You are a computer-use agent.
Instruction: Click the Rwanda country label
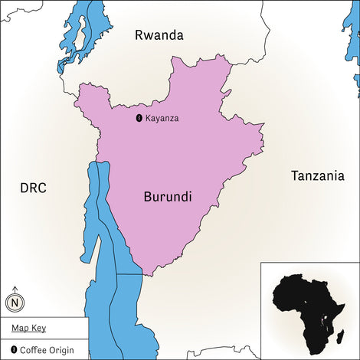click(159, 34)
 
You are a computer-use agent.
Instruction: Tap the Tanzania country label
click(317, 176)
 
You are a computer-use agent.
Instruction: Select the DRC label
click(34, 188)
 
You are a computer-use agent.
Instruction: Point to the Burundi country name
click(167, 197)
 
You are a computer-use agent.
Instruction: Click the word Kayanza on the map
click(162, 118)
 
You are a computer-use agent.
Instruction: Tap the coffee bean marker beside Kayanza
click(139, 118)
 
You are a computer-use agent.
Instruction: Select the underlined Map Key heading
click(28, 328)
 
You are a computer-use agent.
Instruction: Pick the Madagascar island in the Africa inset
click(342, 334)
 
